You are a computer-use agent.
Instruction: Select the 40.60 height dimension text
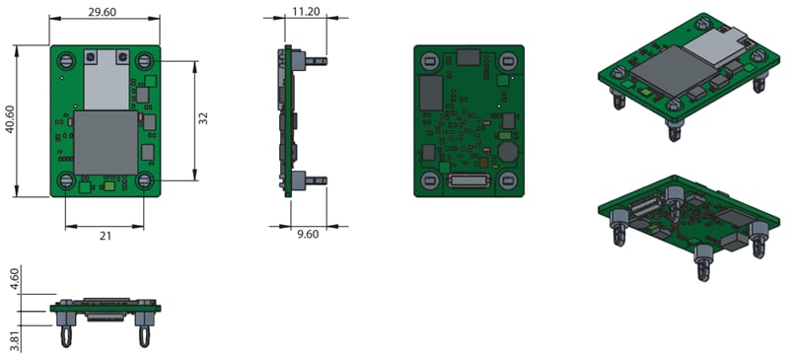point(10,120)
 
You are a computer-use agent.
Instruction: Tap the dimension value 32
point(202,118)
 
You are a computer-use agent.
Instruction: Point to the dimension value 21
point(104,235)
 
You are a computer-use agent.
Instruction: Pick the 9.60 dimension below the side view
point(307,235)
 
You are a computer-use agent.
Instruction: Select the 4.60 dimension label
point(14,279)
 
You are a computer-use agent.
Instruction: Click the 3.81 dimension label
point(14,339)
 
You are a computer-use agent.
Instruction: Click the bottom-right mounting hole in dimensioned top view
point(144,180)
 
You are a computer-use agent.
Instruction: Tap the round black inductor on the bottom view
point(509,153)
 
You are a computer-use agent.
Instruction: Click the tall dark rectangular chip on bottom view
point(431,94)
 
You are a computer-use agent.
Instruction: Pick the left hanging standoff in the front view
point(66,333)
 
